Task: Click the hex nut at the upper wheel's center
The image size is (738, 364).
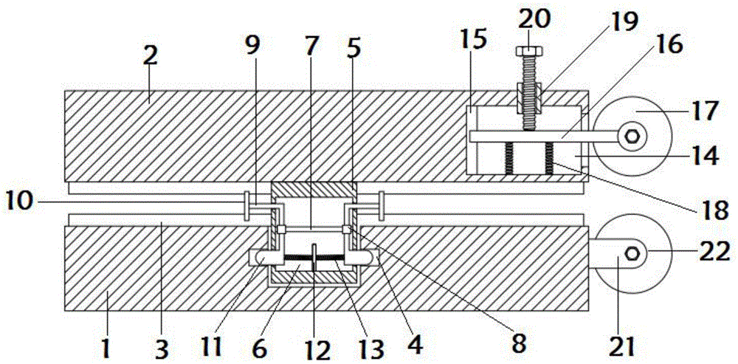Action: (x=632, y=137)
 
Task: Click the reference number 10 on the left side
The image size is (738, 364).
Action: (x=20, y=204)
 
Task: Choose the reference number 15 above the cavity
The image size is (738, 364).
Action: (x=474, y=42)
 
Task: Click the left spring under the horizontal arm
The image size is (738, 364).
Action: (x=508, y=159)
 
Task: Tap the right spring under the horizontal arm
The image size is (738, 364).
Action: (x=549, y=159)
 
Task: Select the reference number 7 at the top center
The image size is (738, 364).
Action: (x=311, y=47)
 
